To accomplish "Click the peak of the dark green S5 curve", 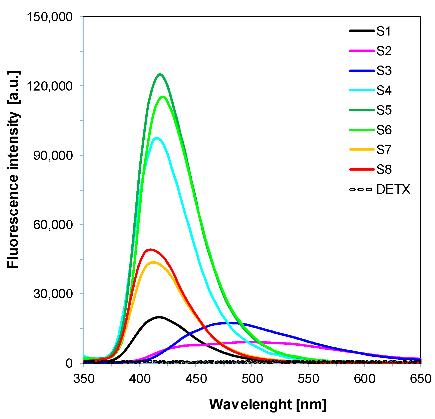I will tap(160, 75).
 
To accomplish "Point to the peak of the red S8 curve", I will tap(150, 250).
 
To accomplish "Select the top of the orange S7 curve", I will tap(153, 262).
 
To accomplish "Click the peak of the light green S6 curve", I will tap(163, 97).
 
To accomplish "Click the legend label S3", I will tap(384, 71).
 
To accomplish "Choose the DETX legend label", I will tap(393, 189).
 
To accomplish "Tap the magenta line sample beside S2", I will tap(362, 51).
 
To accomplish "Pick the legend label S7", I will tap(384, 150).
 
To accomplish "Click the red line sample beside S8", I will tap(362, 169).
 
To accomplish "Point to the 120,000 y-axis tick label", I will tap(50, 86).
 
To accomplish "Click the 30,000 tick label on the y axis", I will tap(53, 294).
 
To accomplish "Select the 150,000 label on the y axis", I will tap(50, 17).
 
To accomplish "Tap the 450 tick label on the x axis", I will tap(196, 379).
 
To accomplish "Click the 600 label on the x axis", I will tap(364, 379).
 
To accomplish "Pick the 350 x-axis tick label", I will tap(84, 379).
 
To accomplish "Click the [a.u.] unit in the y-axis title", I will tap(13, 87).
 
